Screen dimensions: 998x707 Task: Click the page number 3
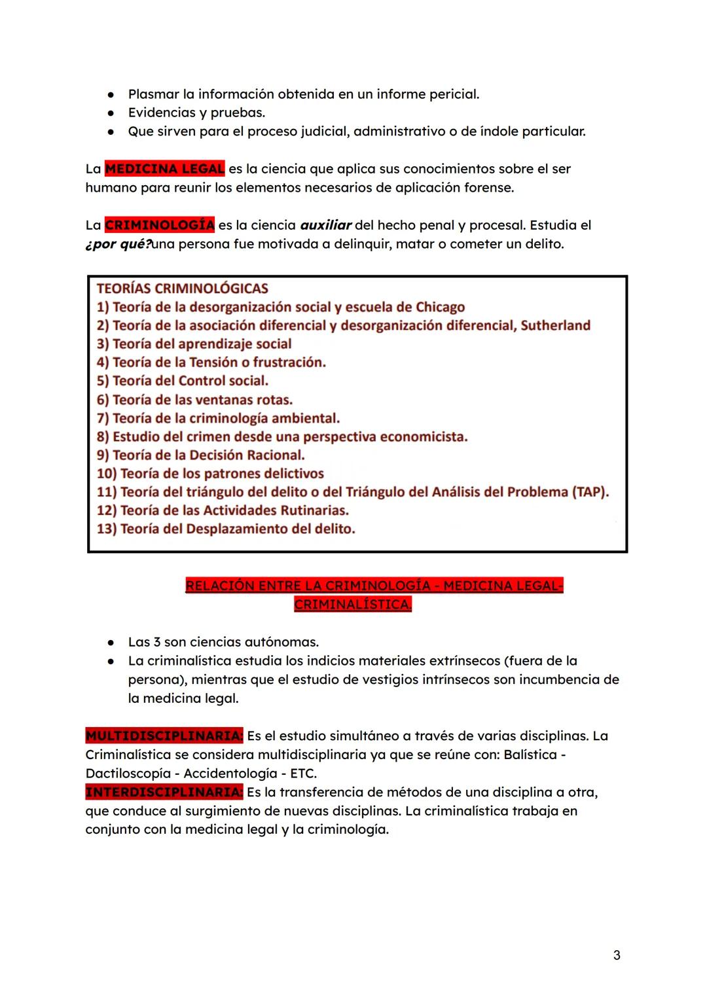617,955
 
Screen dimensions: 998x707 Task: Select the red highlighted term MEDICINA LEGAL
164,169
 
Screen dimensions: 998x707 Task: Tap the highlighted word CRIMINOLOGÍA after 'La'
159,225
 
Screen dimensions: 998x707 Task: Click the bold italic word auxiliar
325,225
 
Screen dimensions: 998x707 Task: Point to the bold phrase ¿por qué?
118,244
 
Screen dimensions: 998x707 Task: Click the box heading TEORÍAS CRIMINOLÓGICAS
182,289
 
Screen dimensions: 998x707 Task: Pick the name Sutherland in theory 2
555,325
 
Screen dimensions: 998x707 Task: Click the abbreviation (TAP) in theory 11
590,492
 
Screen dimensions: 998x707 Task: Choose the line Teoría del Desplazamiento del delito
226,529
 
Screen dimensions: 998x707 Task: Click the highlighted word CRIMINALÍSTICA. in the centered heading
353,605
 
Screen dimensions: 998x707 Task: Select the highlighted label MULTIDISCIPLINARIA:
164,736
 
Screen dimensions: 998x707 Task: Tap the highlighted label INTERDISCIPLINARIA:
164,793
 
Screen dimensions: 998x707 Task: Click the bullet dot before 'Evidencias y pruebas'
112,113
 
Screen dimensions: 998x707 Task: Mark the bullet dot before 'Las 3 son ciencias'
112,643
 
